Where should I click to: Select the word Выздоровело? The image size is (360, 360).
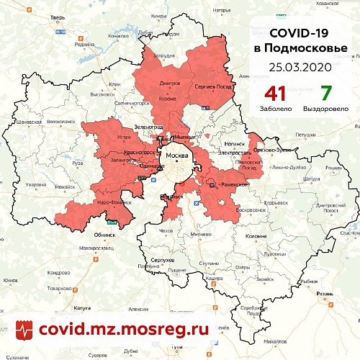click(x=325, y=109)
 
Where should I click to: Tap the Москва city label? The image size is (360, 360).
click(x=176, y=156)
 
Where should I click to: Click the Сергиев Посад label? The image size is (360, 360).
click(x=212, y=85)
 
